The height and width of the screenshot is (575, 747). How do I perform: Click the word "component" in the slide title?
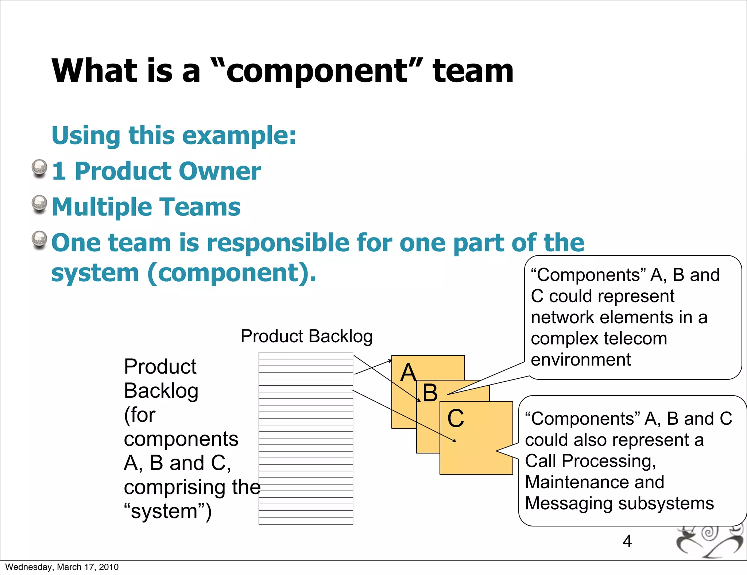click(317, 72)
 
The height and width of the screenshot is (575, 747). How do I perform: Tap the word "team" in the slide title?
click(473, 71)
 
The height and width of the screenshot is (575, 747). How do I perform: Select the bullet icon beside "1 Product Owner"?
click(39, 169)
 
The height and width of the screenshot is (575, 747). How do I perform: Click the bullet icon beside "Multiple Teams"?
click(39, 204)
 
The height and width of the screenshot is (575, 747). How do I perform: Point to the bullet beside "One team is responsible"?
click(39, 240)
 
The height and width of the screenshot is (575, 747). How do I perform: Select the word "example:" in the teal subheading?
click(239, 136)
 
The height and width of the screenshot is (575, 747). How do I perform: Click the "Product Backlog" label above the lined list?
click(306, 336)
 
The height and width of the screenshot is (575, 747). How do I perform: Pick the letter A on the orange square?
click(408, 373)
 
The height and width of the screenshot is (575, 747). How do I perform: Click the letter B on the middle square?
click(430, 393)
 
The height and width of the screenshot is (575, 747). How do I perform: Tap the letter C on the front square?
click(456, 418)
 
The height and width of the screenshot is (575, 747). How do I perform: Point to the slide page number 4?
click(627, 541)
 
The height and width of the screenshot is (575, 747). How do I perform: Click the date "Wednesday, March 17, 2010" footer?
click(62, 567)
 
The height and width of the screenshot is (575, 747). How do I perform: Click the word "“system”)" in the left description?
click(168, 511)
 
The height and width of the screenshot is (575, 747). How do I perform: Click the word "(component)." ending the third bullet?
click(232, 273)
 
